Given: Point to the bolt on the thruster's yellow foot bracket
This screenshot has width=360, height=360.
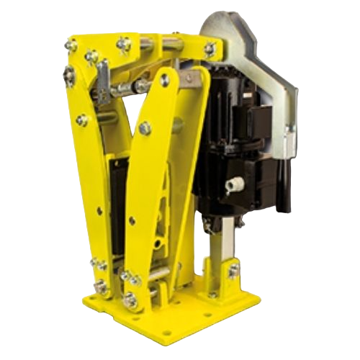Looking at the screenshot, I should click(232, 271).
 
